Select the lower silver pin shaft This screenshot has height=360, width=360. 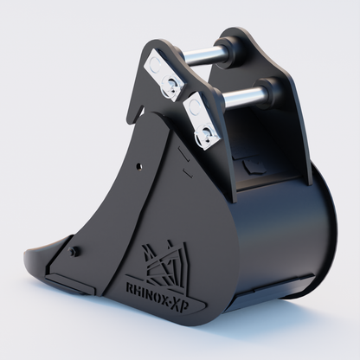pos(245,96)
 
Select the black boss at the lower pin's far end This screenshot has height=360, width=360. pos(273,89)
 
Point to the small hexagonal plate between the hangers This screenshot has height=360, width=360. pos(252,164)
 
